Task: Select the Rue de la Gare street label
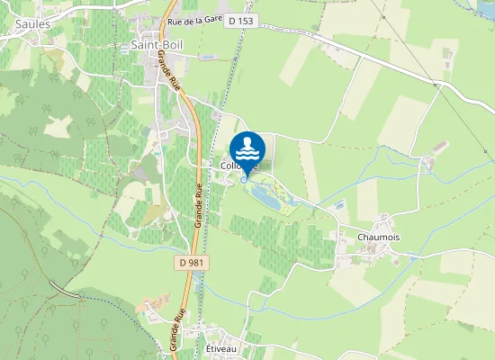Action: pos(194,20)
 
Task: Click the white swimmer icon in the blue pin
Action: pos(247,144)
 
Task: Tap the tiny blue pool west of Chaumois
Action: pos(339,205)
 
